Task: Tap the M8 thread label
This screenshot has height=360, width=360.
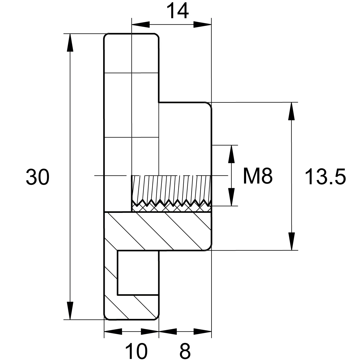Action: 258,176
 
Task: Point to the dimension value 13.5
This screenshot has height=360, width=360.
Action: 325,176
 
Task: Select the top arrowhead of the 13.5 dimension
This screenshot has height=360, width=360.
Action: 291,111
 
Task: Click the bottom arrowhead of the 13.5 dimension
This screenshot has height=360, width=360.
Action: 291,241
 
